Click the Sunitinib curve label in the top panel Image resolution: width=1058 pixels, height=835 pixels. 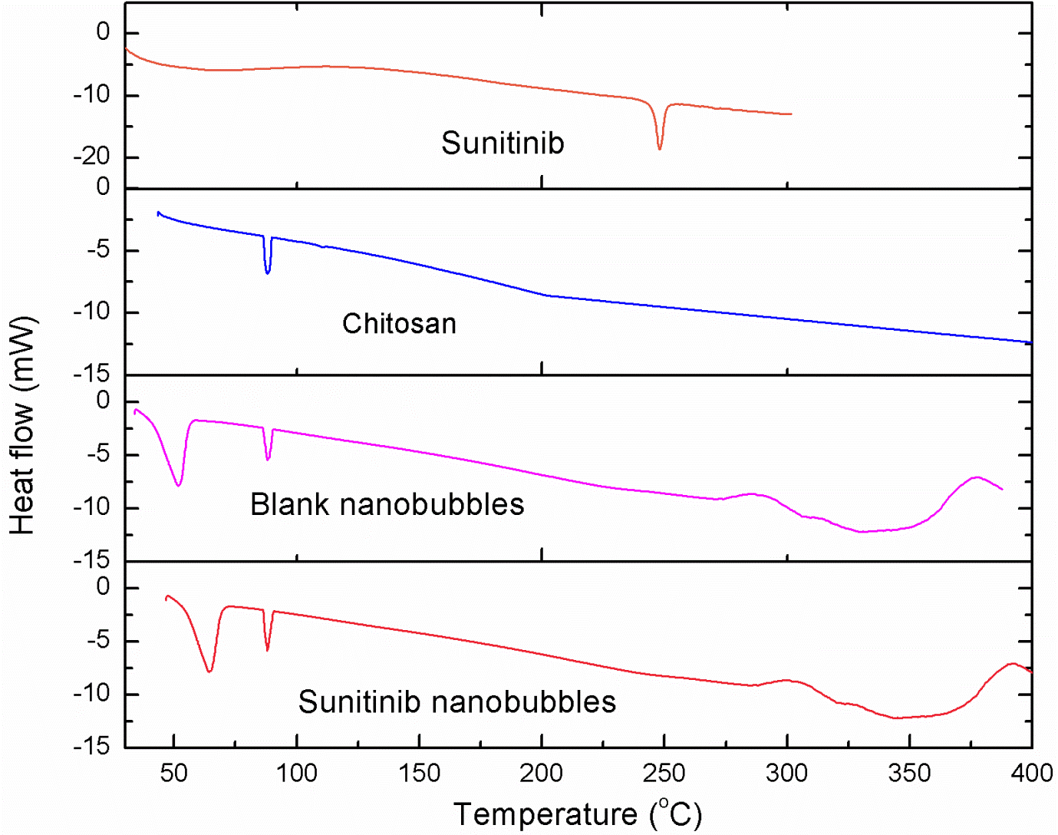503,144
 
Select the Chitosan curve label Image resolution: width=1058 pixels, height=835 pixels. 399,324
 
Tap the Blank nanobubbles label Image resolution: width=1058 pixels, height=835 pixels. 387,505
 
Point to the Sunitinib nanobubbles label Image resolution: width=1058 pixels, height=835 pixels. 456,702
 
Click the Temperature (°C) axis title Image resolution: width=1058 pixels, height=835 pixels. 577,814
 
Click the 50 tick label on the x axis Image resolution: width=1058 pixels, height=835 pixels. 174,773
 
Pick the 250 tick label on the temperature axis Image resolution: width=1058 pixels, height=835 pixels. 664,773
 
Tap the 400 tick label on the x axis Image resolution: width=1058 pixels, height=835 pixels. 1031,773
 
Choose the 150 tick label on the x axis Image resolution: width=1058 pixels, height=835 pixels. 419,773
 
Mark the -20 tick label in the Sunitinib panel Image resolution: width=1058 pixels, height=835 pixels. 91,157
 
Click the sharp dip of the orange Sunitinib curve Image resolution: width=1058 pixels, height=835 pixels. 660,147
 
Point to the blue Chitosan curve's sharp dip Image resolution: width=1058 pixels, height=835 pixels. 267,272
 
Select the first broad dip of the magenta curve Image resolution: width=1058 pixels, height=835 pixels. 179,484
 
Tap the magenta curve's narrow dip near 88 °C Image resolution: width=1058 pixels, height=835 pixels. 268,459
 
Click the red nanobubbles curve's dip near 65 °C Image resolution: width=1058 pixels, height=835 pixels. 209,671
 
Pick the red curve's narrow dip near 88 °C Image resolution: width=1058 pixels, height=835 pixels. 267,649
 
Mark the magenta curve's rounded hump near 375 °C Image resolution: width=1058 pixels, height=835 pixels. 976,477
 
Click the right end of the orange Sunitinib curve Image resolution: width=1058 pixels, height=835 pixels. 790,114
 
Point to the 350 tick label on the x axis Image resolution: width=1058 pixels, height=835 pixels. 909,773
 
